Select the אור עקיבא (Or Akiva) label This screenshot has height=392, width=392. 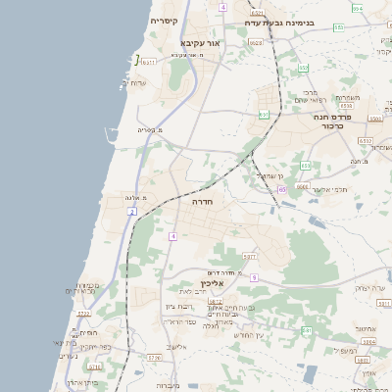202,43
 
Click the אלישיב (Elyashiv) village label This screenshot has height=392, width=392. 176,347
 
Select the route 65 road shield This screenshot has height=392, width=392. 281,189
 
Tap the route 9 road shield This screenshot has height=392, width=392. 252,277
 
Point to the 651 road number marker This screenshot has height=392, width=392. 264,115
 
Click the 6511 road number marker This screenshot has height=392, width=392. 149,62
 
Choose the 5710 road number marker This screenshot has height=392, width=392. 154,359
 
